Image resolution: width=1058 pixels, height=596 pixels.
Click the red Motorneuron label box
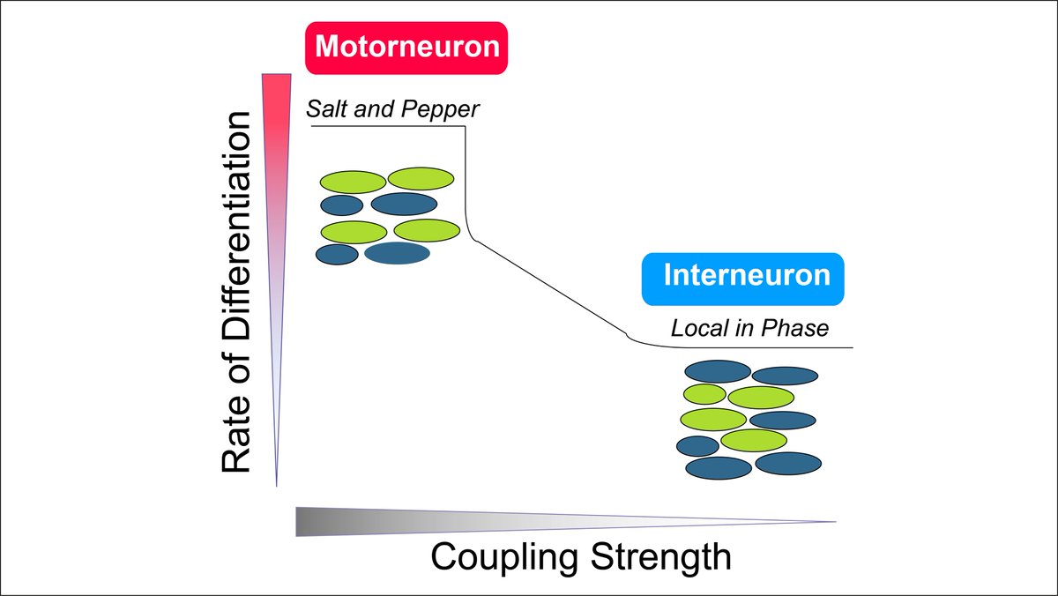pyautogui.click(x=406, y=47)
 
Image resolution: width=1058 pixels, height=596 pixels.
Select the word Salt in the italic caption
pyautogui.click(x=326, y=110)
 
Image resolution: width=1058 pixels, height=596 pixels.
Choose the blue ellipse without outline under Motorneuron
pyautogui.click(x=397, y=254)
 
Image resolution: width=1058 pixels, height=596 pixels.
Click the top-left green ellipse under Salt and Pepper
pyautogui.click(x=352, y=183)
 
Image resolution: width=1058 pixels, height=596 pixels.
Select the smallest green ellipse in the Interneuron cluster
pyautogui.click(x=704, y=393)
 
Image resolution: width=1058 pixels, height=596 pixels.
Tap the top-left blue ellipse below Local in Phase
pyautogui.click(x=718, y=371)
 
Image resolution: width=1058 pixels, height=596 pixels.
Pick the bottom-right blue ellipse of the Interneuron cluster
pyautogui.click(x=788, y=463)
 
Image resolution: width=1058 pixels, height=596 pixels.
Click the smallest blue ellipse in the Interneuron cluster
pyautogui.click(x=697, y=445)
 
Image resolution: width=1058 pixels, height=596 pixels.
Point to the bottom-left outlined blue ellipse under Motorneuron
pyautogui.click(x=337, y=254)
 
